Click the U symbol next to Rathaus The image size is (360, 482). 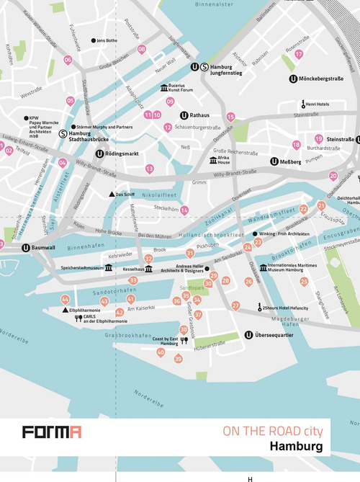pos(184,115)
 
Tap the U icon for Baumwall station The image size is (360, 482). pos(26,249)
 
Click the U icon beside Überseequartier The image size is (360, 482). pos(248,334)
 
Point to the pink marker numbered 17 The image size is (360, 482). pos(299,54)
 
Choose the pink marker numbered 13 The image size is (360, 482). pos(149,169)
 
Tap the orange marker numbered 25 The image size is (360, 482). pos(304,282)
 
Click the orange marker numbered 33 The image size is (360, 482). pos(132,280)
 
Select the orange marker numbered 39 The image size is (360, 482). pos(179,358)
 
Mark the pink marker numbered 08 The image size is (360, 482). pos(141,50)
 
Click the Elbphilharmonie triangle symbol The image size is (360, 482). pos(65,309)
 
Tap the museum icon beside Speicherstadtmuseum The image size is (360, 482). pos(109,267)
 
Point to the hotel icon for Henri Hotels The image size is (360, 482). pos(303,104)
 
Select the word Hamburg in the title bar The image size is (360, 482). pos(297,447)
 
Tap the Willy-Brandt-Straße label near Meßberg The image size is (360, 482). pos(238,174)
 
